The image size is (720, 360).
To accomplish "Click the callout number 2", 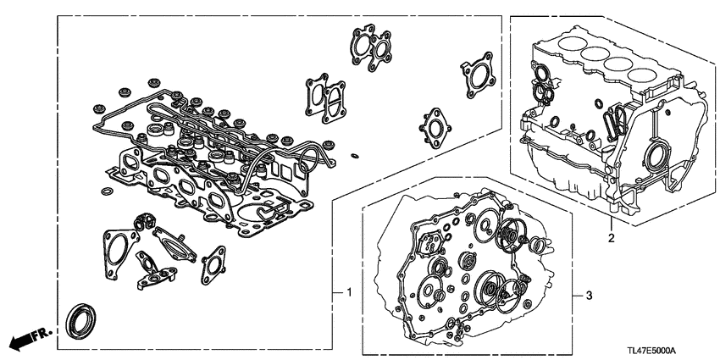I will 610,240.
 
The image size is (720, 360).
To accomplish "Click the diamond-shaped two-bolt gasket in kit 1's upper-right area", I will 435,127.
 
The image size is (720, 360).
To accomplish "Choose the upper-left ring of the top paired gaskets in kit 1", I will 363,40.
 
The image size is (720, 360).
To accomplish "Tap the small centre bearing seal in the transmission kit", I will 463,258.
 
